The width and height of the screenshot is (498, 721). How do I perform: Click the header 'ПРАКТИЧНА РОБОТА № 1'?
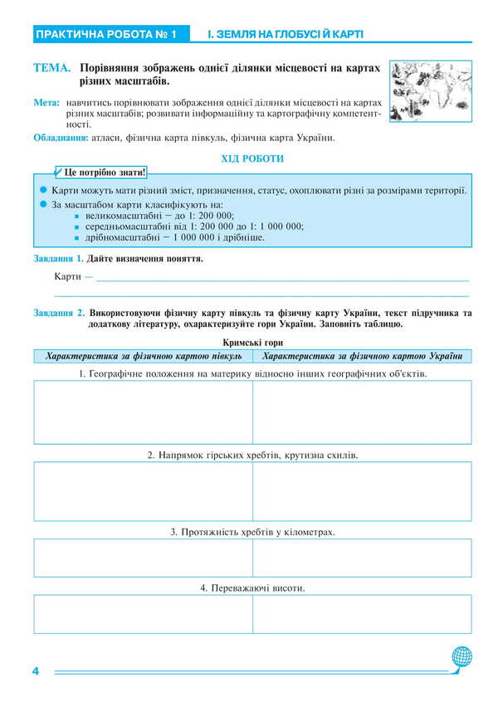105,35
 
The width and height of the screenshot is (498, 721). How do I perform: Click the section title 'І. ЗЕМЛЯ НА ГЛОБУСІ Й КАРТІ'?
286,35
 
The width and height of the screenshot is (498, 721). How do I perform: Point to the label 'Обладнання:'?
61,138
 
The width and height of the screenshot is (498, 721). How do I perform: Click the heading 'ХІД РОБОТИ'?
252,158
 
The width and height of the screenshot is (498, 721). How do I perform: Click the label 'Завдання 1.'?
59,259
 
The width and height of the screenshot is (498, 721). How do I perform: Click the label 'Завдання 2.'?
59,313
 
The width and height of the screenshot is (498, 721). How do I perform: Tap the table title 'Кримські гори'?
252,342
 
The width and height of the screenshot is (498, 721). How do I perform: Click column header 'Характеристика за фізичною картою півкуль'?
144,355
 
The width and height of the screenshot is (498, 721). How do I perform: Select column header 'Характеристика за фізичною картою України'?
362,355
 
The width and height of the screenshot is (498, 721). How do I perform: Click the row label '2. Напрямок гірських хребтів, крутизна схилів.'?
252,455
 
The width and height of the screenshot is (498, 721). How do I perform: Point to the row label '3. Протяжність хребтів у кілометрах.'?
252,531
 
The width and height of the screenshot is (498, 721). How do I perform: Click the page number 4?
36,670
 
